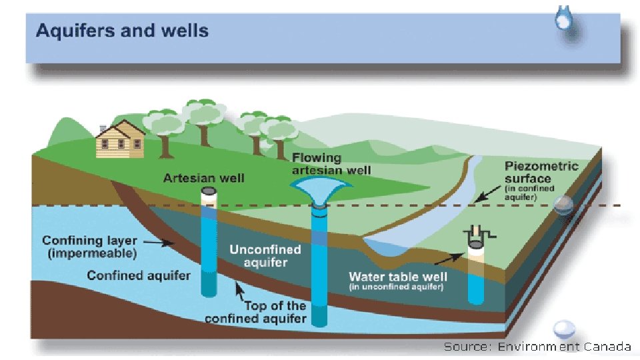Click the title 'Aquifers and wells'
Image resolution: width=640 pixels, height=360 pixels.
[122, 31]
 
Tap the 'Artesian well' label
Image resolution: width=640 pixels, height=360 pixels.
[204, 177]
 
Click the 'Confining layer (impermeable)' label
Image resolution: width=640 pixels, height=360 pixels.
[90, 247]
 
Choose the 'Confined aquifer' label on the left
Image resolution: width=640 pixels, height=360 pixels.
[139, 275]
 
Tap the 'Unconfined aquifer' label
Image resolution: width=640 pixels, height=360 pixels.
[265, 256]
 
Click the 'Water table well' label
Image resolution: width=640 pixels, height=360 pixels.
[398, 276]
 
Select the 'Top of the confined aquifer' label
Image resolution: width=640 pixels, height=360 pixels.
[256, 312]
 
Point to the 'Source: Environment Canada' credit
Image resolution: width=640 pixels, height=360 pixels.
[537, 346]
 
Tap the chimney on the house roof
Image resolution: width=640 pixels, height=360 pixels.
[103, 127]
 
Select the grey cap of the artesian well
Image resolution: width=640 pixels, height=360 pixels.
[209, 192]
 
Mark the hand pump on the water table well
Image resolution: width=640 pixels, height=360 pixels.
[478, 233]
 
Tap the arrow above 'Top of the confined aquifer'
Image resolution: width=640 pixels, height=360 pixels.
[238, 290]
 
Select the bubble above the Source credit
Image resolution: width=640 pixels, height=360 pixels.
[565, 328]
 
